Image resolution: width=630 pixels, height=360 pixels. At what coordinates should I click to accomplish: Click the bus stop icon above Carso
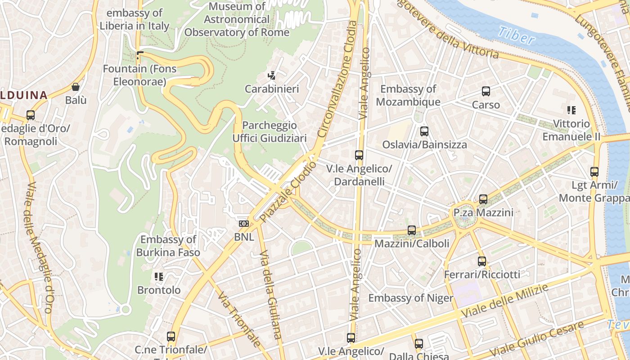pos(486,91)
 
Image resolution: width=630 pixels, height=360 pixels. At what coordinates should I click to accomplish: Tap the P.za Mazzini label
pos(483,212)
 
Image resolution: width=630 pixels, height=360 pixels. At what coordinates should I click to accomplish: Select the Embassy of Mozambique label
pos(408,95)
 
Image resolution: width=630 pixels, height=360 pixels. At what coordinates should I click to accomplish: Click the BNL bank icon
pos(244,224)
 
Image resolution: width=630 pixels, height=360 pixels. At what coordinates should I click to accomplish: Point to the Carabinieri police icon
pos(272,76)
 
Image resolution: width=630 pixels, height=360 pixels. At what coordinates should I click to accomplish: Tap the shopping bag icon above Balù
pos(76,87)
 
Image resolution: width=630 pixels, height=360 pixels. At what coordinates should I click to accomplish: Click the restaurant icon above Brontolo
pos(158,276)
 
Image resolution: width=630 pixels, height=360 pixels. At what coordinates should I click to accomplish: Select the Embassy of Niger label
pos(411,298)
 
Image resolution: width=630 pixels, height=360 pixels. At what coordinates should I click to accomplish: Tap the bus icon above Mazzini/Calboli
pos(412,230)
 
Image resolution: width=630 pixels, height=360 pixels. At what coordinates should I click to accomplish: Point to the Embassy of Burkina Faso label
pos(168,246)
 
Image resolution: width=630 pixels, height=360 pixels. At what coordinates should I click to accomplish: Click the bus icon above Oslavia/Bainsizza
pos(424,131)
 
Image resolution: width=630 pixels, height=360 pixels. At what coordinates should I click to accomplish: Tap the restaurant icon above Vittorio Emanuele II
pos(571,110)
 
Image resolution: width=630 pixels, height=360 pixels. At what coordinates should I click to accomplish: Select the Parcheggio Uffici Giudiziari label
pos(269,131)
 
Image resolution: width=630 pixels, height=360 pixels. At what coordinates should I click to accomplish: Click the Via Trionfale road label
pos(238,319)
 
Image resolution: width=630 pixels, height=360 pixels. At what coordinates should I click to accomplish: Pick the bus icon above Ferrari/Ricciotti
pos(482,261)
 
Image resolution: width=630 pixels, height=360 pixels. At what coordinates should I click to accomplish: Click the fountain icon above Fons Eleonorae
pos(139,56)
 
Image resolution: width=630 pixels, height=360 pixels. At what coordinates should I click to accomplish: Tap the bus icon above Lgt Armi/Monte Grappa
pos(594,172)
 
